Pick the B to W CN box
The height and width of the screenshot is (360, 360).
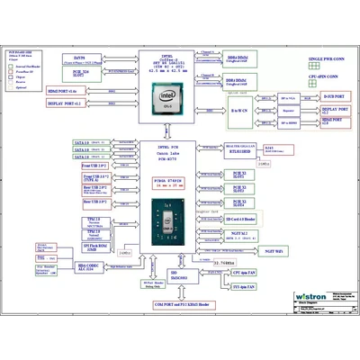(238, 109)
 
